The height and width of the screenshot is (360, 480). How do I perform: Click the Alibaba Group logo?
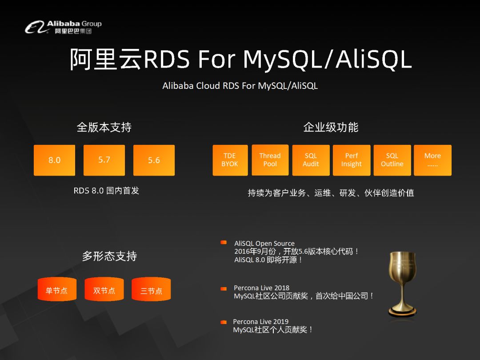pos(63,27)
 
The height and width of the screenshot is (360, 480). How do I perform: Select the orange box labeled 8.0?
pos(55,160)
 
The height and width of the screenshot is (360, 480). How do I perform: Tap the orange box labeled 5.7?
pos(104,160)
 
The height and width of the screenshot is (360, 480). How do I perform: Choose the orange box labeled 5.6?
pos(154,160)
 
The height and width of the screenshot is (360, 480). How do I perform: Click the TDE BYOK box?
pos(230,160)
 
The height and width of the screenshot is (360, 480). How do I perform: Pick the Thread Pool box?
pos(270,160)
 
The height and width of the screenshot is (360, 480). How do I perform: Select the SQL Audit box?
pos(311,160)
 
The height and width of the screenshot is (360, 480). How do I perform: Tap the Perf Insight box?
pos(352,160)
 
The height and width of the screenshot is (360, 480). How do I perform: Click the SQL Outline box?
pos(392,160)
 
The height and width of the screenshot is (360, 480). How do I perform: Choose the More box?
pos(432,160)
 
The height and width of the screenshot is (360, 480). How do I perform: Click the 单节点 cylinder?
pos(57,289)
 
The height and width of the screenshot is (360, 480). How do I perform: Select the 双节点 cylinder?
pos(104,289)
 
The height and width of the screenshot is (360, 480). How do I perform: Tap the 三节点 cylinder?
pos(151,289)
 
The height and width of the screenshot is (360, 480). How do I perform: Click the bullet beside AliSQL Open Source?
pos(224,243)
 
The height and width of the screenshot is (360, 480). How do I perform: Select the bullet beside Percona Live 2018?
pos(224,289)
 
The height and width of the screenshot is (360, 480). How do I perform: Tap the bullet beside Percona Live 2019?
pos(224,322)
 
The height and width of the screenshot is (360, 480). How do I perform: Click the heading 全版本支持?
pos(104,128)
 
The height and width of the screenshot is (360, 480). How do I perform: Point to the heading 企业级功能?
pos(331,128)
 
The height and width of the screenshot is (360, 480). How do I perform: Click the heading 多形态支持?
pos(109,256)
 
